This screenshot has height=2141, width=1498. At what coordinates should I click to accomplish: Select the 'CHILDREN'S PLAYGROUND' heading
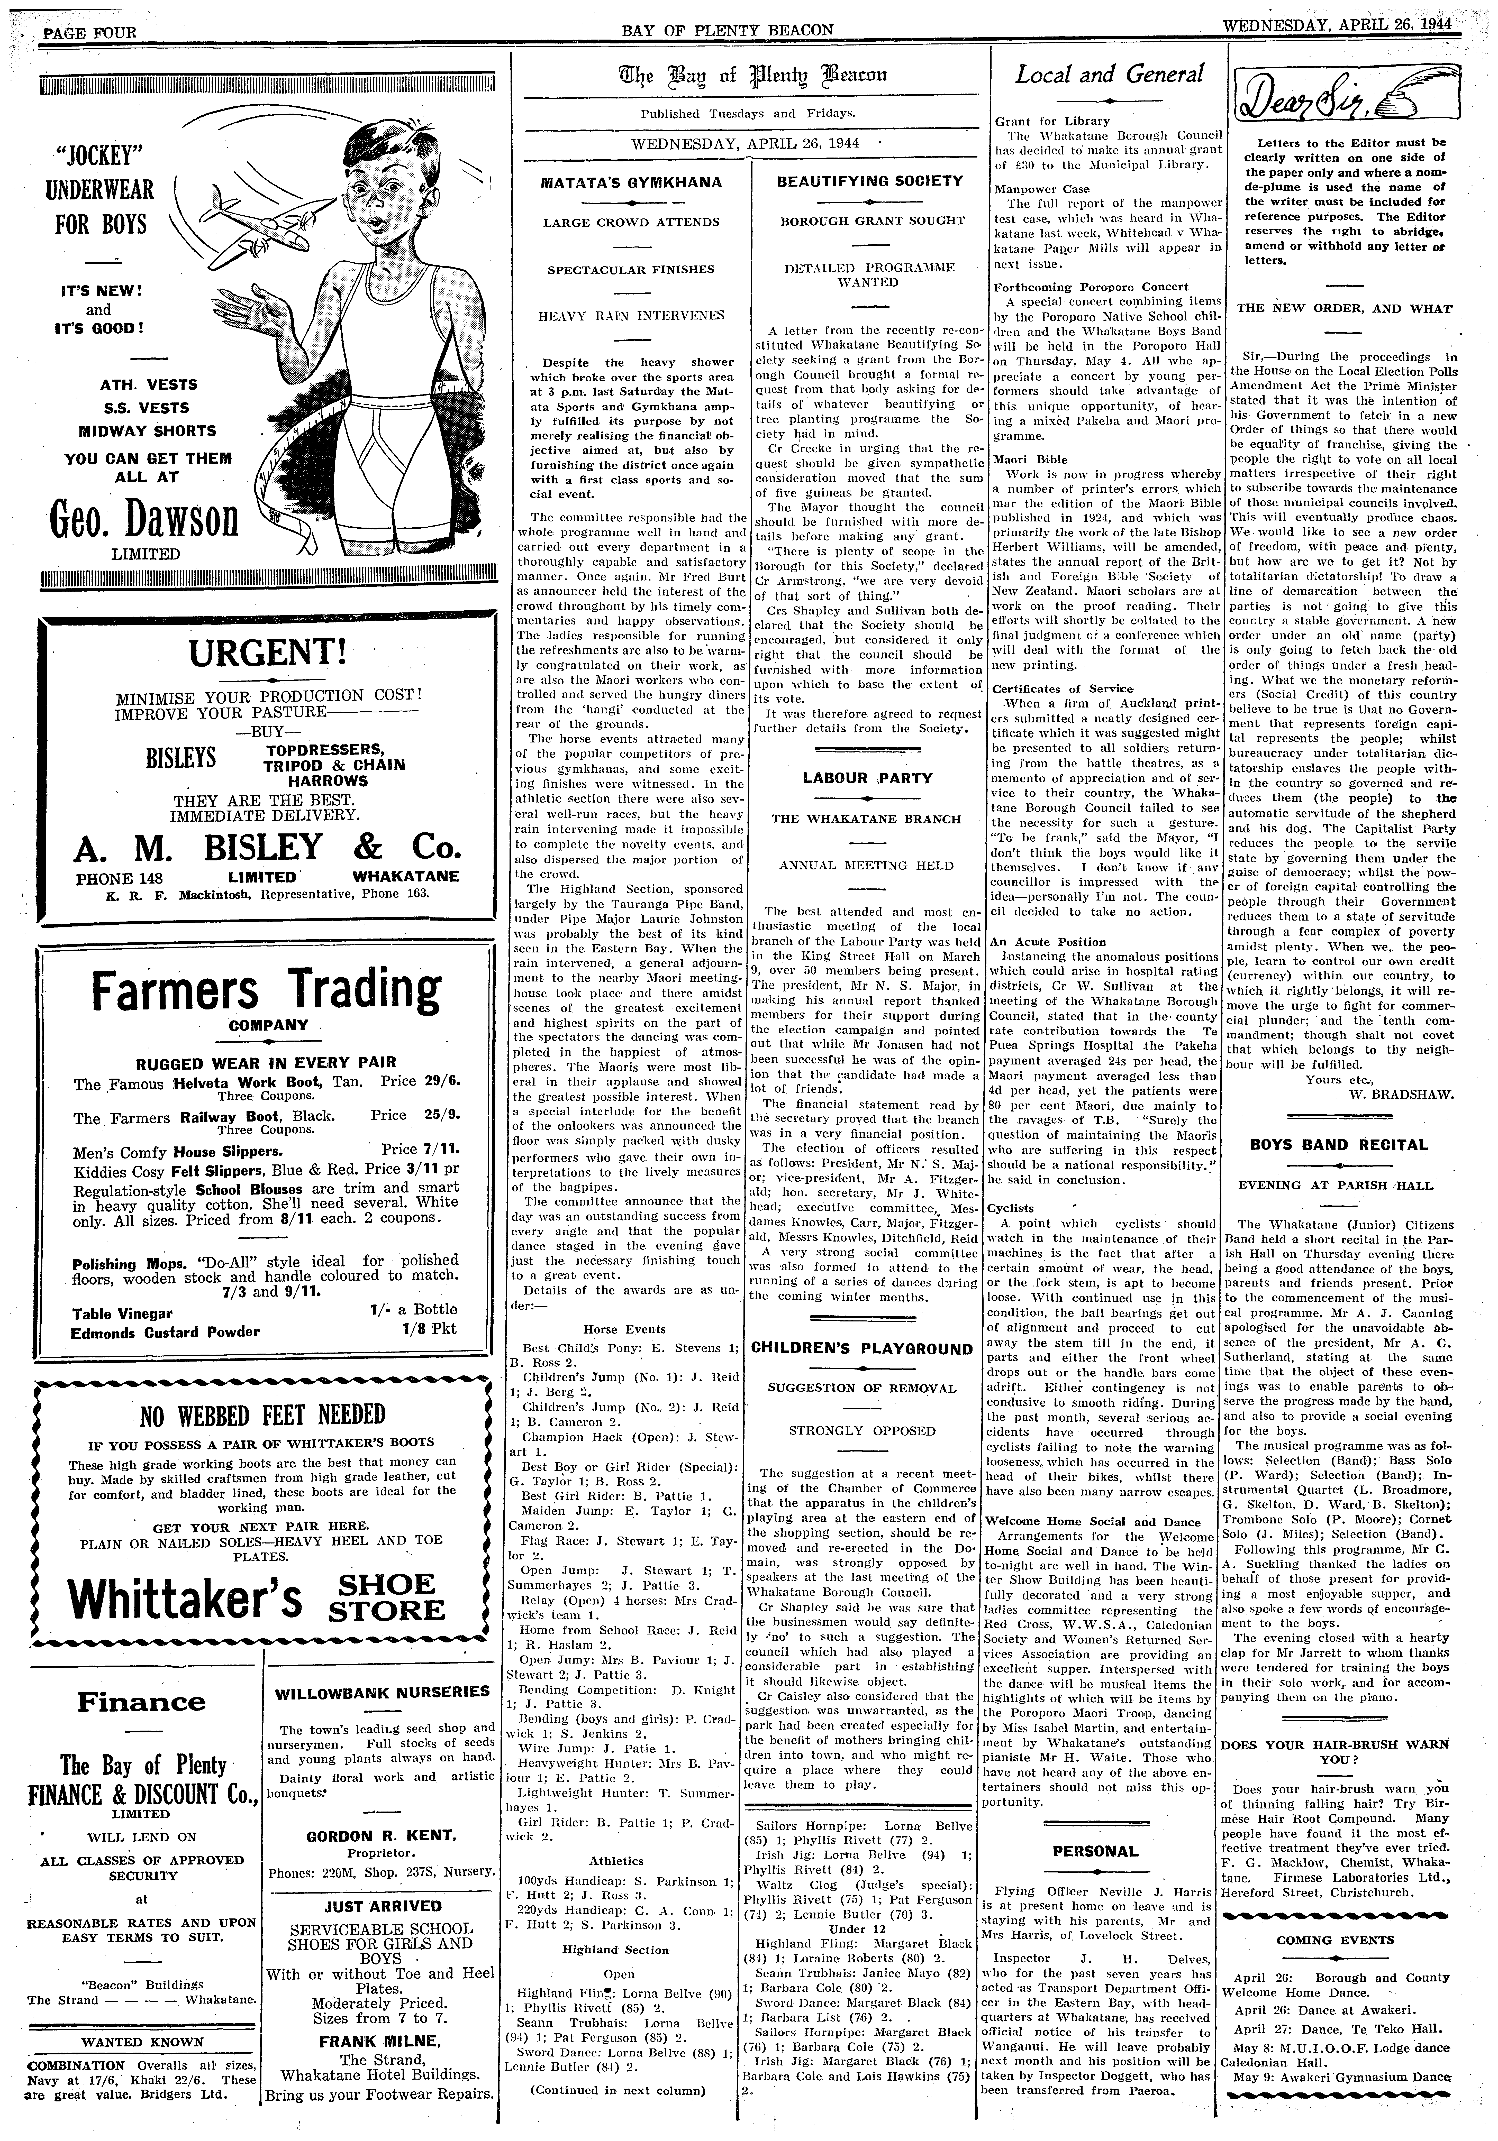[x=861, y=1348]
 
